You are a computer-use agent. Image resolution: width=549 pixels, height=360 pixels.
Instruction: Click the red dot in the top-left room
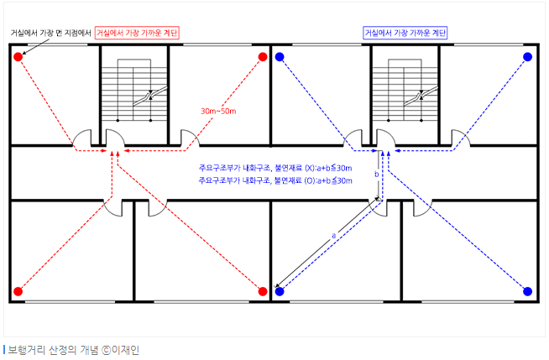click(17, 57)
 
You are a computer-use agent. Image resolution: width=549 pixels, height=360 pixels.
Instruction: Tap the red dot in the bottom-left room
click(17, 291)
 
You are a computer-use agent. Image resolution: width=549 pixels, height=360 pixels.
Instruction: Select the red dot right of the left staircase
click(263, 57)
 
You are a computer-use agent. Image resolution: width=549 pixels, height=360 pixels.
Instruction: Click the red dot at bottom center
click(263, 291)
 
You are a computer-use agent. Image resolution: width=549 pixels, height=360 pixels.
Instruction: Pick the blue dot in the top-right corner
click(527, 57)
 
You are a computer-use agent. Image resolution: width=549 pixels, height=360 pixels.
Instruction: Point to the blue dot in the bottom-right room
click(527, 291)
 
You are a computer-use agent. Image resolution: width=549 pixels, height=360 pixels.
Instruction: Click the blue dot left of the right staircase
click(280, 57)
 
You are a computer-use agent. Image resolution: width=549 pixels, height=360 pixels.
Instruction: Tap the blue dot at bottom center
click(280, 291)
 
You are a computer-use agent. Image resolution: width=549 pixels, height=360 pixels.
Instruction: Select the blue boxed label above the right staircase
click(405, 33)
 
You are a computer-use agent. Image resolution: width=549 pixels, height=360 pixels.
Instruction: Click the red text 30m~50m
click(217, 111)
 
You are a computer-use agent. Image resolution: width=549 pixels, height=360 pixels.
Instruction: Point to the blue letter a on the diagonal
click(333, 236)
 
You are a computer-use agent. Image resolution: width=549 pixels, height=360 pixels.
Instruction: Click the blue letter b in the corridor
click(376, 175)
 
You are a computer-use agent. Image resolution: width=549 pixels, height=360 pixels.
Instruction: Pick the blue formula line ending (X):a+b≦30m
click(274, 168)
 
